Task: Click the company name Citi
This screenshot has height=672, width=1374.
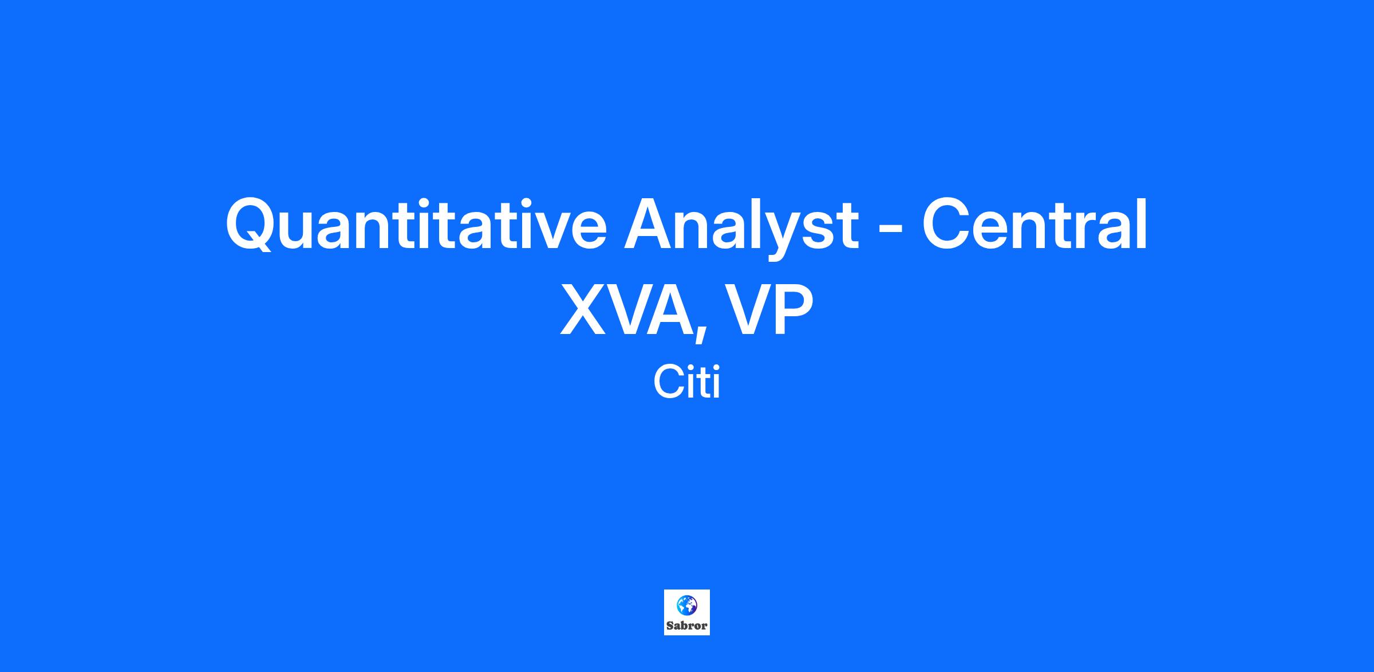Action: click(x=686, y=383)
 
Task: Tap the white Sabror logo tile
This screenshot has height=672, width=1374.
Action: click(x=687, y=612)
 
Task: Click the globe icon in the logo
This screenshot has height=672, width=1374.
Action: click(x=687, y=605)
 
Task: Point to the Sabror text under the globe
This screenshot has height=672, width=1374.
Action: click(x=687, y=626)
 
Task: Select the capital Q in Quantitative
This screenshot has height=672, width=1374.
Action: click(x=252, y=224)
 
